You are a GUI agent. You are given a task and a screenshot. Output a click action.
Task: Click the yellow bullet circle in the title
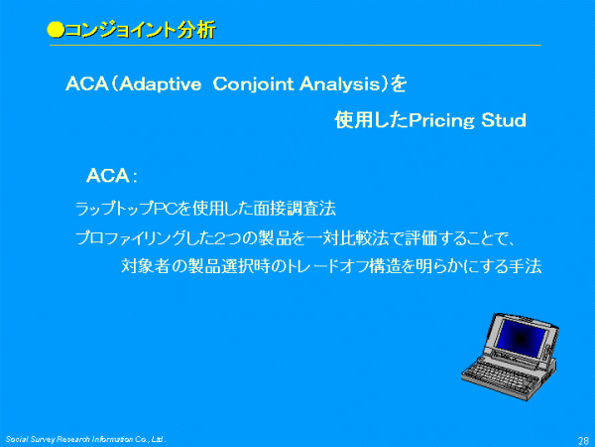(56, 30)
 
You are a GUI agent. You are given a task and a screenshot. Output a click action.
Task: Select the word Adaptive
(160, 84)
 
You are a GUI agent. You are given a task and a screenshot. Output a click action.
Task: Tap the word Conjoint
(254, 84)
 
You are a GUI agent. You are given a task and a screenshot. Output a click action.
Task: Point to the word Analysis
(339, 84)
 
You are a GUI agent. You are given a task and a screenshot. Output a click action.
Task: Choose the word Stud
(504, 120)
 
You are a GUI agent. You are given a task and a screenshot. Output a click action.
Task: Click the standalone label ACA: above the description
(112, 176)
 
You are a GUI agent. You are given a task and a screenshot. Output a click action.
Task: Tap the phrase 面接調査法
(295, 209)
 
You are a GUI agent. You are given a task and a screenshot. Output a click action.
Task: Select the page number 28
(583, 440)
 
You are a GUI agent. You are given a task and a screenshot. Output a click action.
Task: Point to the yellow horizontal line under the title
(296, 46)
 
